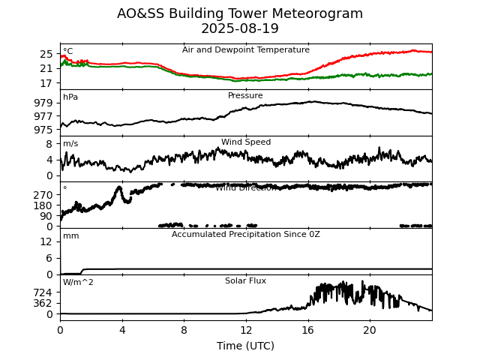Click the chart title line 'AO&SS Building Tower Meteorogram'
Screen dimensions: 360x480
[240, 14]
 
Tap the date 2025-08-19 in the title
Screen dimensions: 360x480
[240, 29]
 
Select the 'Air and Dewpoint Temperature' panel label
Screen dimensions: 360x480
[245, 50]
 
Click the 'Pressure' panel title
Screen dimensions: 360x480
[245, 96]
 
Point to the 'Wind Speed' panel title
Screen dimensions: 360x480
[246, 142]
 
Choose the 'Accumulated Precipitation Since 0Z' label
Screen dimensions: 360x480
[245, 235]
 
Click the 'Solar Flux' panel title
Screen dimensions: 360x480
[245, 281]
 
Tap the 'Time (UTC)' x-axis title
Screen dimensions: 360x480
[245, 346]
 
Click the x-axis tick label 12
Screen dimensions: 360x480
[246, 329]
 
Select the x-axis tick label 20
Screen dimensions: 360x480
[370, 329]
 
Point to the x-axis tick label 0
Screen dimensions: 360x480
[60, 329]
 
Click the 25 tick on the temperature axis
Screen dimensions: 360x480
[46, 54]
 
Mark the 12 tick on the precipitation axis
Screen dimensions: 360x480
[46, 241]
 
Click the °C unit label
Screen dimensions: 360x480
[67, 52]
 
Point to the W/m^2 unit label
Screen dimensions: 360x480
[78, 283]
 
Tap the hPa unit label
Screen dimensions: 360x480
[70, 97]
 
